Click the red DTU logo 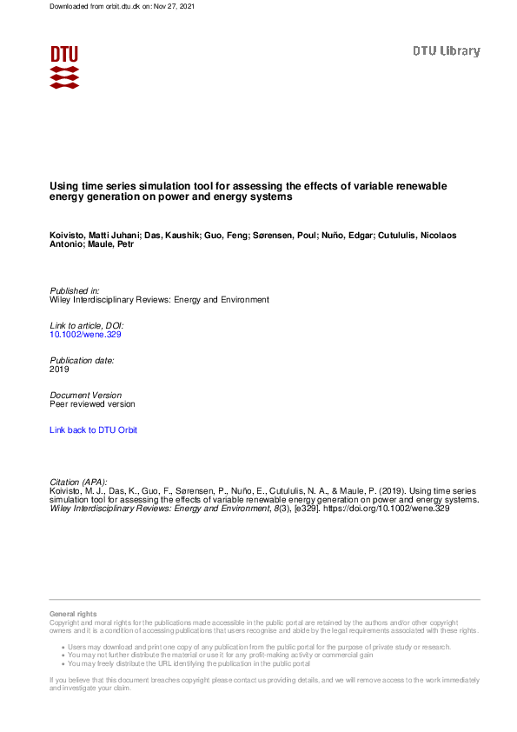point(64,67)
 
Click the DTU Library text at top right point(446,51)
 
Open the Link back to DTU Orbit point(94,430)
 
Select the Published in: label point(75,290)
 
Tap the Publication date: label point(83,360)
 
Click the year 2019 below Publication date point(60,369)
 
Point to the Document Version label point(86,395)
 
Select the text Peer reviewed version point(93,404)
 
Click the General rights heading point(73,615)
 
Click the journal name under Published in point(160,299)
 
